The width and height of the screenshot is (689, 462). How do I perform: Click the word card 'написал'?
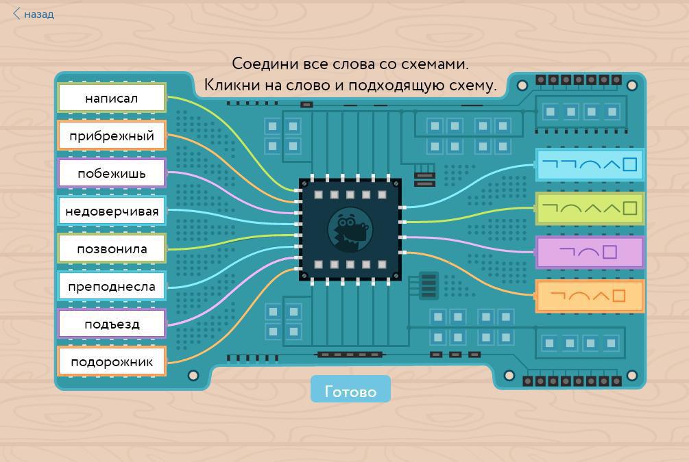[112, 98]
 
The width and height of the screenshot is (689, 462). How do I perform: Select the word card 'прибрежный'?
[112, 136]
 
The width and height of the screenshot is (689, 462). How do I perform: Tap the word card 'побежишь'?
[112, 173]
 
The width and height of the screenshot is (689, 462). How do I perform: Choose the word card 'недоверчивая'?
[112, 211]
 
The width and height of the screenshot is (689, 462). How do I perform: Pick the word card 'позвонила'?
[112, 248]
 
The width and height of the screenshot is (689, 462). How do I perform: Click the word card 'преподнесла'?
[112, 286]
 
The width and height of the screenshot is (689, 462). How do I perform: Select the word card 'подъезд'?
[112, 324]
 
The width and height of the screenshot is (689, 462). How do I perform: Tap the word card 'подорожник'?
[112, 361]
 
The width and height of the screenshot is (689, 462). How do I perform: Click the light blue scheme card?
[590, 165]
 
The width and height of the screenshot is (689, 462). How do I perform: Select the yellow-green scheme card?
[590, 208]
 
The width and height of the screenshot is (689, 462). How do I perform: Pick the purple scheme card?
[590, 253]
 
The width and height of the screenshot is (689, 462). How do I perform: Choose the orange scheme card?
[590, 296]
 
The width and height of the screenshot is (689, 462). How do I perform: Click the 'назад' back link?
[38, 14]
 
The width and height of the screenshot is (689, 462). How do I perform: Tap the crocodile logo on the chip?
[350, 230]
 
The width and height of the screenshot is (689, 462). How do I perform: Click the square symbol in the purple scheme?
[609, 252]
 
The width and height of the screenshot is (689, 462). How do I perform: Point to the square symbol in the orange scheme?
[618, 296]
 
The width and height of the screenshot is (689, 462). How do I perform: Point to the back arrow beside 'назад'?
[17, 14]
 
